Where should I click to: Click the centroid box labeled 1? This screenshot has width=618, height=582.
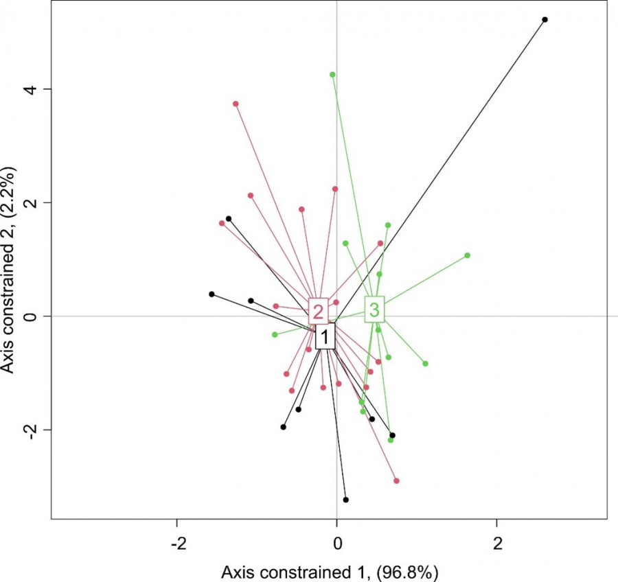tap(325, 336)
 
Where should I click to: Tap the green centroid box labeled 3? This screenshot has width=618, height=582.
tap(374, 310)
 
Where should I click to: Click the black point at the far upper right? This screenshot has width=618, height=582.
tap(545, 20)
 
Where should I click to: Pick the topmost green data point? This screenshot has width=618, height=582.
tap(332, 74)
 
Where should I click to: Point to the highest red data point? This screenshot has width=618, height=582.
tap(236, 104)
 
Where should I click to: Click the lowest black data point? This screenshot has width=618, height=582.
tap(345, 500)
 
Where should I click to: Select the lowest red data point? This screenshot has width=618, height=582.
tap(396, 480)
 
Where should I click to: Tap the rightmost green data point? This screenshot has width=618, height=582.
tap(467, 255)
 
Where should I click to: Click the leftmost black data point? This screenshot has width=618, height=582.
tap(211, 294)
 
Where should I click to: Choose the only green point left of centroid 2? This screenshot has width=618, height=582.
tap(275, 334)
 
